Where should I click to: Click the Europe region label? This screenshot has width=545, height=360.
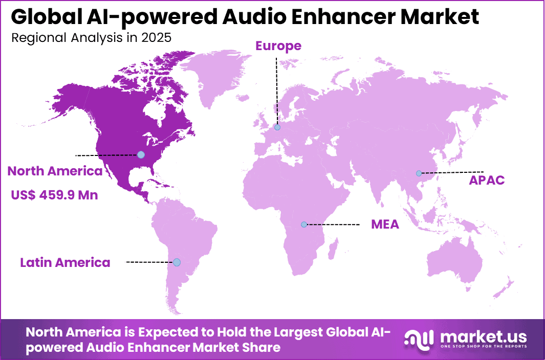[278, 46]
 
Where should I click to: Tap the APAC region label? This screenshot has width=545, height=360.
[487, 180]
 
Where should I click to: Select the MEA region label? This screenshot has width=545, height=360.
[385, 224]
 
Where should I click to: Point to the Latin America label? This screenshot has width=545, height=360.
[65, 263]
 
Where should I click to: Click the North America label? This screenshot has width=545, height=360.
[55, 171]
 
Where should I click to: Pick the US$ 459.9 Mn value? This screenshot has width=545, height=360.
[55, 195]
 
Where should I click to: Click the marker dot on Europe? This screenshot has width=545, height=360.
[277, 127]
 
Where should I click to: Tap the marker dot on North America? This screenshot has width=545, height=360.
[141, 154]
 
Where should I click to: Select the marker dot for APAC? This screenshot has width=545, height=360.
[419, 173]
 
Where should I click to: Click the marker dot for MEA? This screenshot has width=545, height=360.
[304, 224]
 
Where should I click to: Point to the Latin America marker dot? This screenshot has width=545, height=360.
[177, 262]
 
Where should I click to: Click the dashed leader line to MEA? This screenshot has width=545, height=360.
[333, 224]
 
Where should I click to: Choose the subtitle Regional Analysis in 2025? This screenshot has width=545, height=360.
[91, 38]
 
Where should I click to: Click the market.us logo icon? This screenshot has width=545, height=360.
[419, 337]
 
